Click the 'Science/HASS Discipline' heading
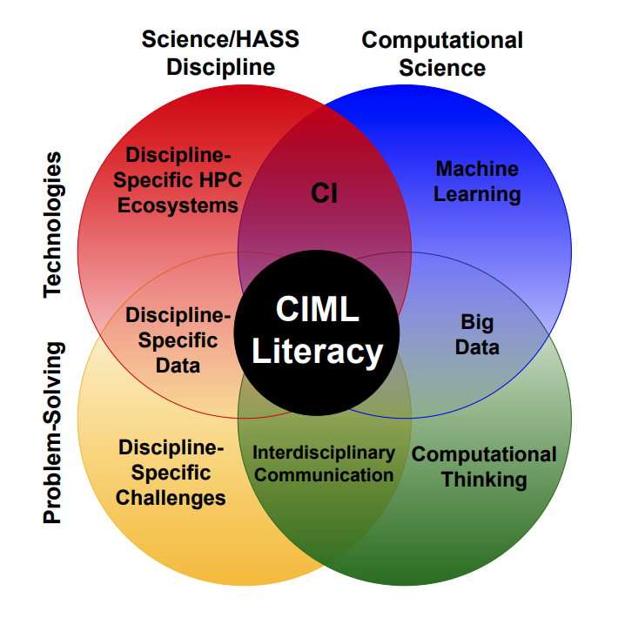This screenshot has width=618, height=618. pyautogui.click(x=220, y=53)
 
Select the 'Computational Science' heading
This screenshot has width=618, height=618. pyautogui.click(x=442, y=53)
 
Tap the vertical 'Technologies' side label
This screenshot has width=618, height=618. pyautogui.click(x=53, y=225)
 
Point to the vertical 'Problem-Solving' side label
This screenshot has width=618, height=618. pyautogui.click(x=53, y=433)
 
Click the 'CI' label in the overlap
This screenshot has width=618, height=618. pyautogui.click(x=324, y=193)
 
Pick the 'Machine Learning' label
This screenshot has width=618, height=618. pyautogui.click(x=477, y=181)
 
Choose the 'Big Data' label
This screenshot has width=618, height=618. pyautogui.click(x=478, y=334)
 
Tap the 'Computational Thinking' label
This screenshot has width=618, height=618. pyautogui.click(x=484, y=467)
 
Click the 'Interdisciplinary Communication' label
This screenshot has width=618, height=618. pyautogui.click(x=324, y=464)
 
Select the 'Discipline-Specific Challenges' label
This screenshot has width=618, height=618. pyautogui.click(x=171, y=473)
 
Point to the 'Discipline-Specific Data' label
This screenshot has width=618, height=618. pyautogui.click(x=178, y=339)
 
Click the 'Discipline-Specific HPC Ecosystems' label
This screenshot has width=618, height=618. pyautogui.click(x=183, y=180)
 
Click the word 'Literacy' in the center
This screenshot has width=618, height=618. pyautogui.click(x=317, y=352)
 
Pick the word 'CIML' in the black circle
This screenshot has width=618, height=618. pyautogui.click(x=317, y=309)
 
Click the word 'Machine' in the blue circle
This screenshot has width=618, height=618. pyautogui.click(x=477, y=169)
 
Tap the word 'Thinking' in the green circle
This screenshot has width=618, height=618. pyautogui.click(x=484, y=480)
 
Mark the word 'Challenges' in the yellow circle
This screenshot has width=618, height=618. pyautogui.click(x=171, y=498)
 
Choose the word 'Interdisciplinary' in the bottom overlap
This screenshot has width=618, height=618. pyautogui.click(x=324, y=453)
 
